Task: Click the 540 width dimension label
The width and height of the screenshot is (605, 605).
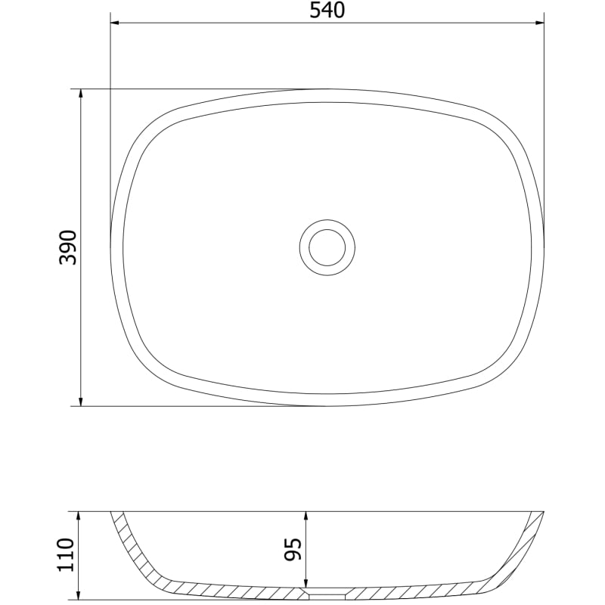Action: click(x=327, y=11)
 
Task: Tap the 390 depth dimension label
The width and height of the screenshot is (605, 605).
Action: click(x=68, y=247)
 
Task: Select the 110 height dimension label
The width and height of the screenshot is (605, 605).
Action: click(x=65, y=555)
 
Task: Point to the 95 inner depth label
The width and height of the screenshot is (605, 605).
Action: click(x=293, y=549)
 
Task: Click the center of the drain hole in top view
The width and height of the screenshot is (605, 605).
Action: click(x=327, y=247)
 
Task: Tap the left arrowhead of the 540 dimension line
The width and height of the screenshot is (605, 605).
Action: click(x=115, y=23)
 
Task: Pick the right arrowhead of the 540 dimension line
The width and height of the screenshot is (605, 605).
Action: click(x=539, y=23)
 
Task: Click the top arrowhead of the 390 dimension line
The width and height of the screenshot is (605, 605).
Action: click(x=81, y=94)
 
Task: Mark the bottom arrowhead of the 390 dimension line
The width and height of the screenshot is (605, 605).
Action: click(x=81, y=402)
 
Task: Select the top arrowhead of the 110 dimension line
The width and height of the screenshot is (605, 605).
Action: click(x=79, y=517)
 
